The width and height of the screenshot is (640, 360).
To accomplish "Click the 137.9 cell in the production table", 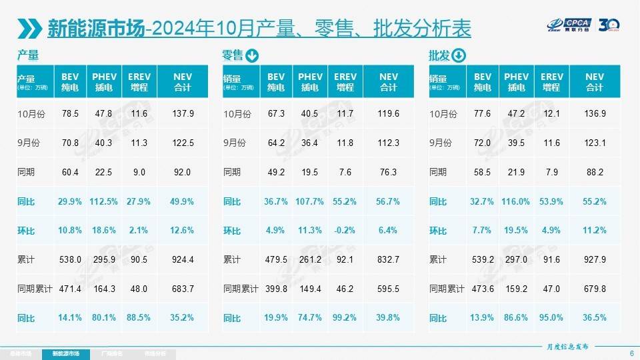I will [183, 114].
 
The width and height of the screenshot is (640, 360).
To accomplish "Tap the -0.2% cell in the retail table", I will [345, 231].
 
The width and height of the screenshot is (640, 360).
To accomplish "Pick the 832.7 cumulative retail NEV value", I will [388, 260].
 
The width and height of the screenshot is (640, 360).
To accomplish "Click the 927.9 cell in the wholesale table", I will [594, 260].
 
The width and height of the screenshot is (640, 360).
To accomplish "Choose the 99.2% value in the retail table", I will [345, 318].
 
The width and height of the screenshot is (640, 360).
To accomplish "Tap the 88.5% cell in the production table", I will [139, 318].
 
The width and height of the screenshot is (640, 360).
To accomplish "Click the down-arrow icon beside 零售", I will [252, 55].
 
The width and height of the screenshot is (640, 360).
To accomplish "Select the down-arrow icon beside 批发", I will [459, 55].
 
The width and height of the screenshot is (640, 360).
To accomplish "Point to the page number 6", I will [631, 353].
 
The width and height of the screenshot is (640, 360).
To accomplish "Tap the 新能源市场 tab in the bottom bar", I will [65, 353].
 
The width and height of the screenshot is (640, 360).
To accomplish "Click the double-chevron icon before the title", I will [30, 28].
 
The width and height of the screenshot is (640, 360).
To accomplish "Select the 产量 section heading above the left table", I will [28, 55].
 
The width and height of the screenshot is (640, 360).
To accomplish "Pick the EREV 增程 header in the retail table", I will [345, 82].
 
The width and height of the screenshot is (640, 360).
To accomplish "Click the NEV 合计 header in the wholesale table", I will [594, 82].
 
